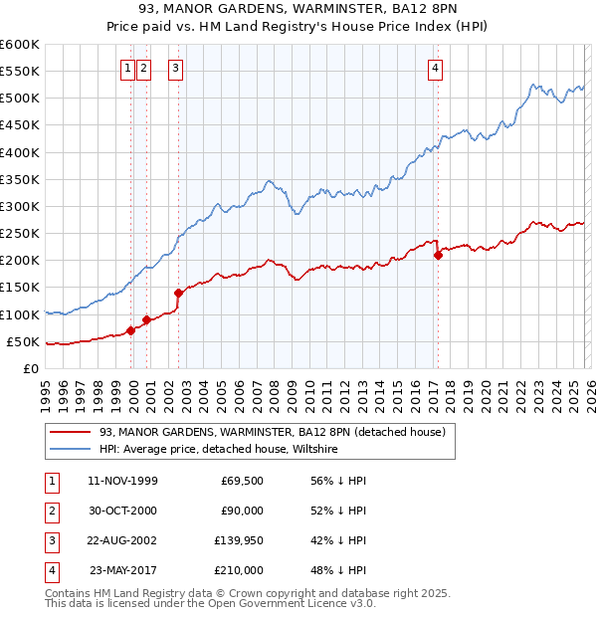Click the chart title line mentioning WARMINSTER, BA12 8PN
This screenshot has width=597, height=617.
[298, 9]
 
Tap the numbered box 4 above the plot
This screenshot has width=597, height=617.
[436, 69]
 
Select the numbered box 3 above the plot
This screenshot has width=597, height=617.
[175, 69]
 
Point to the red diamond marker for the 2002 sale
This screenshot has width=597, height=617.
[179, 293]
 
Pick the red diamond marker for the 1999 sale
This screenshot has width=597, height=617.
[130, 330]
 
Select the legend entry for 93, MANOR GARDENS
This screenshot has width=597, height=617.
[278, 433]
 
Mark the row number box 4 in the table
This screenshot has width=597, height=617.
[51, 570]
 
